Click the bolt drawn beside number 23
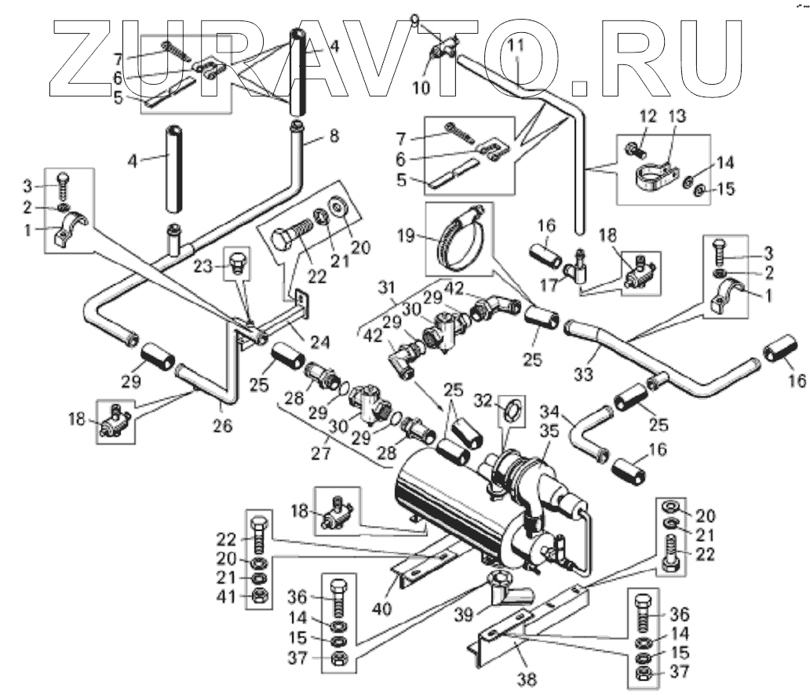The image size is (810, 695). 235,263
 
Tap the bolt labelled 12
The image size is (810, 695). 633,145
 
